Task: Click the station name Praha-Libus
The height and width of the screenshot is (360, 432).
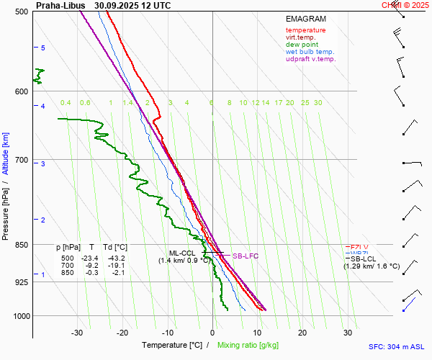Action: click(x=60, y=5)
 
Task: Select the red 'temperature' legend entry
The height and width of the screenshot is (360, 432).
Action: click(x=305, y=30)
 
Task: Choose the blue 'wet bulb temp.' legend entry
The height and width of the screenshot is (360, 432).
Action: click(x=310, y=52)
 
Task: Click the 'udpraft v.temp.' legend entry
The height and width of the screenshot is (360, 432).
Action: click(x=310, y=59)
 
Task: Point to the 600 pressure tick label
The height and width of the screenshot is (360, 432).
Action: click(x=22, y=91)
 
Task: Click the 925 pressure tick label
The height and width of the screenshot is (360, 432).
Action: click(x=22, y=282)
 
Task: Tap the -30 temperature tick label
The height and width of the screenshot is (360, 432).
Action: click(x=77, y=333)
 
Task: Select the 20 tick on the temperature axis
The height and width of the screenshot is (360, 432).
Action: click(x=302, y=333)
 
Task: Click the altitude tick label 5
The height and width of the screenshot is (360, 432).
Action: click(x=43, y=48)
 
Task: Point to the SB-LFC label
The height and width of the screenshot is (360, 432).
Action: click(x=245, y=256)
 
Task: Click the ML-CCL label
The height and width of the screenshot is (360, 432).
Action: click(x=182, y=253)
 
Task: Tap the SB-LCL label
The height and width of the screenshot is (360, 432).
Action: click(x=363, y=258)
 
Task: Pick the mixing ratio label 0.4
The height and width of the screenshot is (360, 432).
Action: click(x=66, y=103)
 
